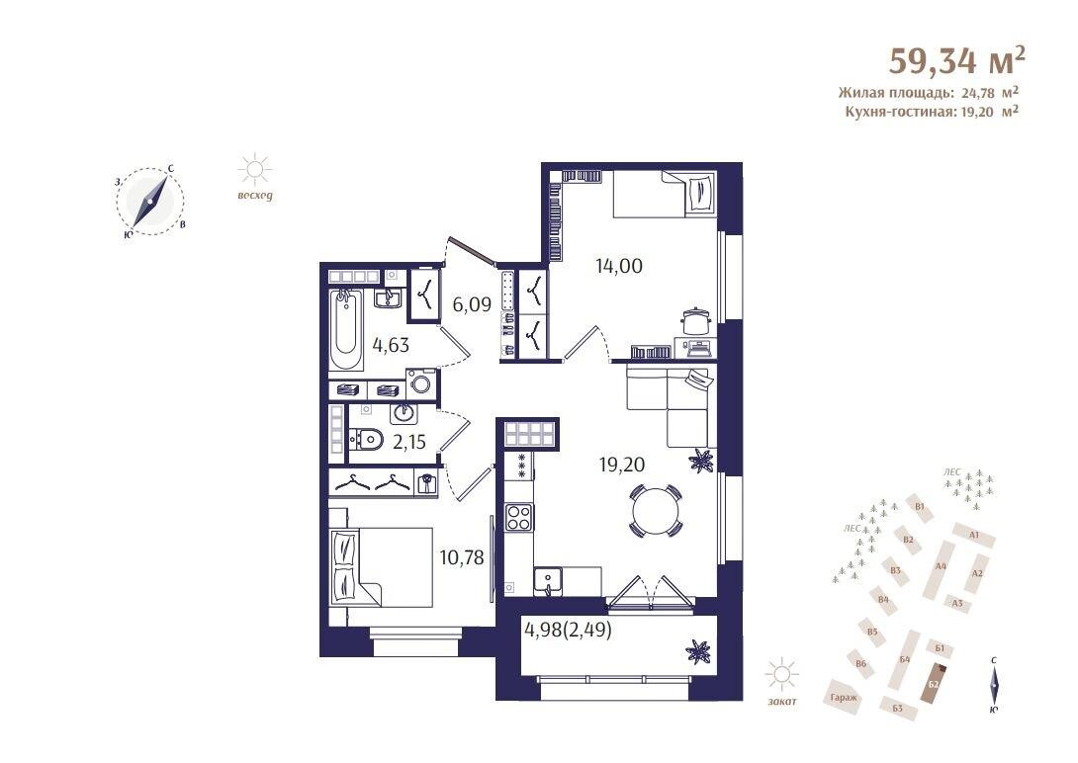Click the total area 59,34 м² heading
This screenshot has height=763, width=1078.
click(x=956, y=60)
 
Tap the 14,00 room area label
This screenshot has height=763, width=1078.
click(x=619, y=264)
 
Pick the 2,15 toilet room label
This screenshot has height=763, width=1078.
click(x=408, y=442)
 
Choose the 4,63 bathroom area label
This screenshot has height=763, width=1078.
click(x=391, y=345)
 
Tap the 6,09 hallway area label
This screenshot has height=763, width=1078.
click(x=472, y=304)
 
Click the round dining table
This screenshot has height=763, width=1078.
click(x=656, y=512)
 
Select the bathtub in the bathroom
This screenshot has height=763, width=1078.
click(x=347, y=325)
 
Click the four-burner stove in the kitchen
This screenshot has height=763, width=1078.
click(x=518, y=517)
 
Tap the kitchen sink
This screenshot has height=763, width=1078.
click(x=546, y=580)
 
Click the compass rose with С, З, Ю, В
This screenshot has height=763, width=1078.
click(x=150, y=202)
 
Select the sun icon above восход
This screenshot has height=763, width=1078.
click(x=255, y=170)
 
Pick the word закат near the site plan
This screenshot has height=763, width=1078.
click(x=781, y=701)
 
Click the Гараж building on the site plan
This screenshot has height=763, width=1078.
click(x=844, y=697)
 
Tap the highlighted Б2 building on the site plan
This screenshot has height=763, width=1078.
click(x=935, y=682)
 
